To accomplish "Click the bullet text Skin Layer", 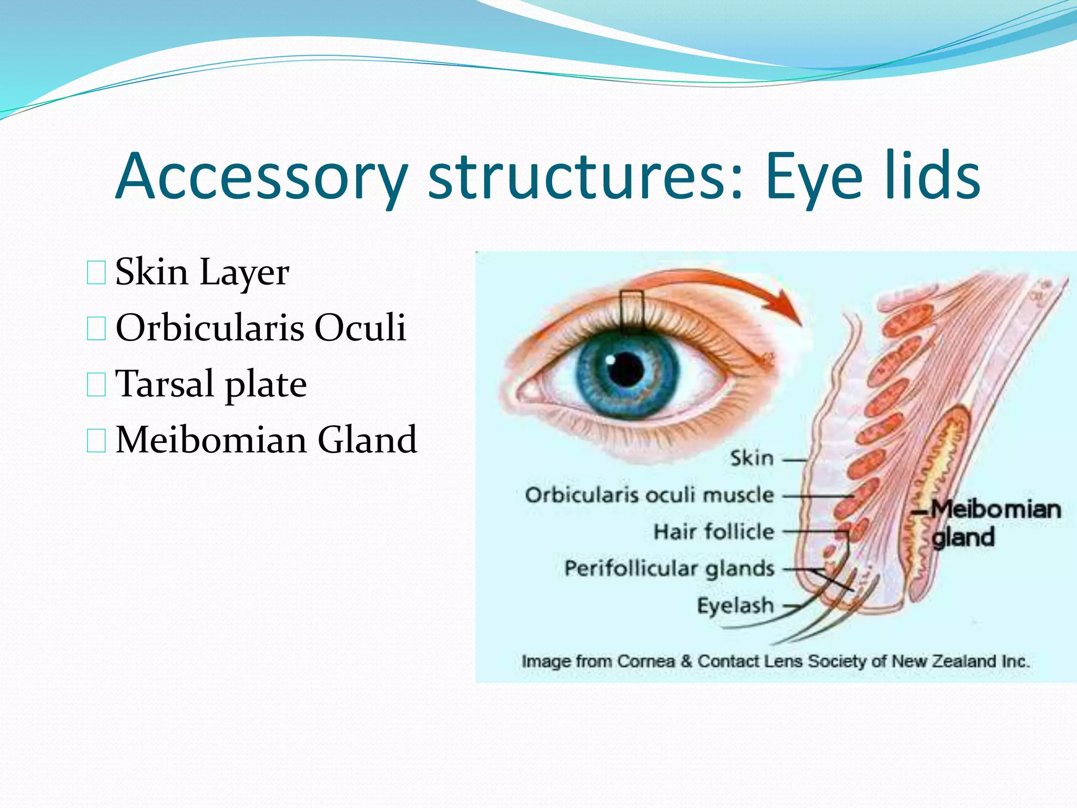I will [x=202, y=272].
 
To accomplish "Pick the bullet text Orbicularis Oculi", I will [x=261, y=328].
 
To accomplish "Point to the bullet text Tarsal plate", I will [x=211, y=384].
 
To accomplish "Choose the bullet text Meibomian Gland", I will [x=266, y=440].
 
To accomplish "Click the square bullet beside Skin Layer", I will [x=96, y=273].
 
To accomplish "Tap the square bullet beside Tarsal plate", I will [x=96, y=385].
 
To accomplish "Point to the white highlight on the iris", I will [x=610, y=360].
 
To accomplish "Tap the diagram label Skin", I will [x=752, y=459].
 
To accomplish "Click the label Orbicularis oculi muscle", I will [x=649, y=495].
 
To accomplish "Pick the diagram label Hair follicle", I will [x=714, y=532].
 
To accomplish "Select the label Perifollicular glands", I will [x=669, y=569].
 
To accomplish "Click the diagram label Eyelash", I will [x=735, y=605].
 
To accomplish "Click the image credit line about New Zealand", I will [x=775, y=661].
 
